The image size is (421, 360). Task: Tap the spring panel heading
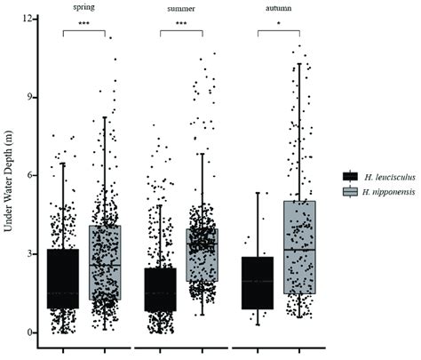[x=84, y=6]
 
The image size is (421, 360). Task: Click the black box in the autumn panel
[x=258, y=283]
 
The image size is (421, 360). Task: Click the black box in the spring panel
[x=63, y=278]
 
